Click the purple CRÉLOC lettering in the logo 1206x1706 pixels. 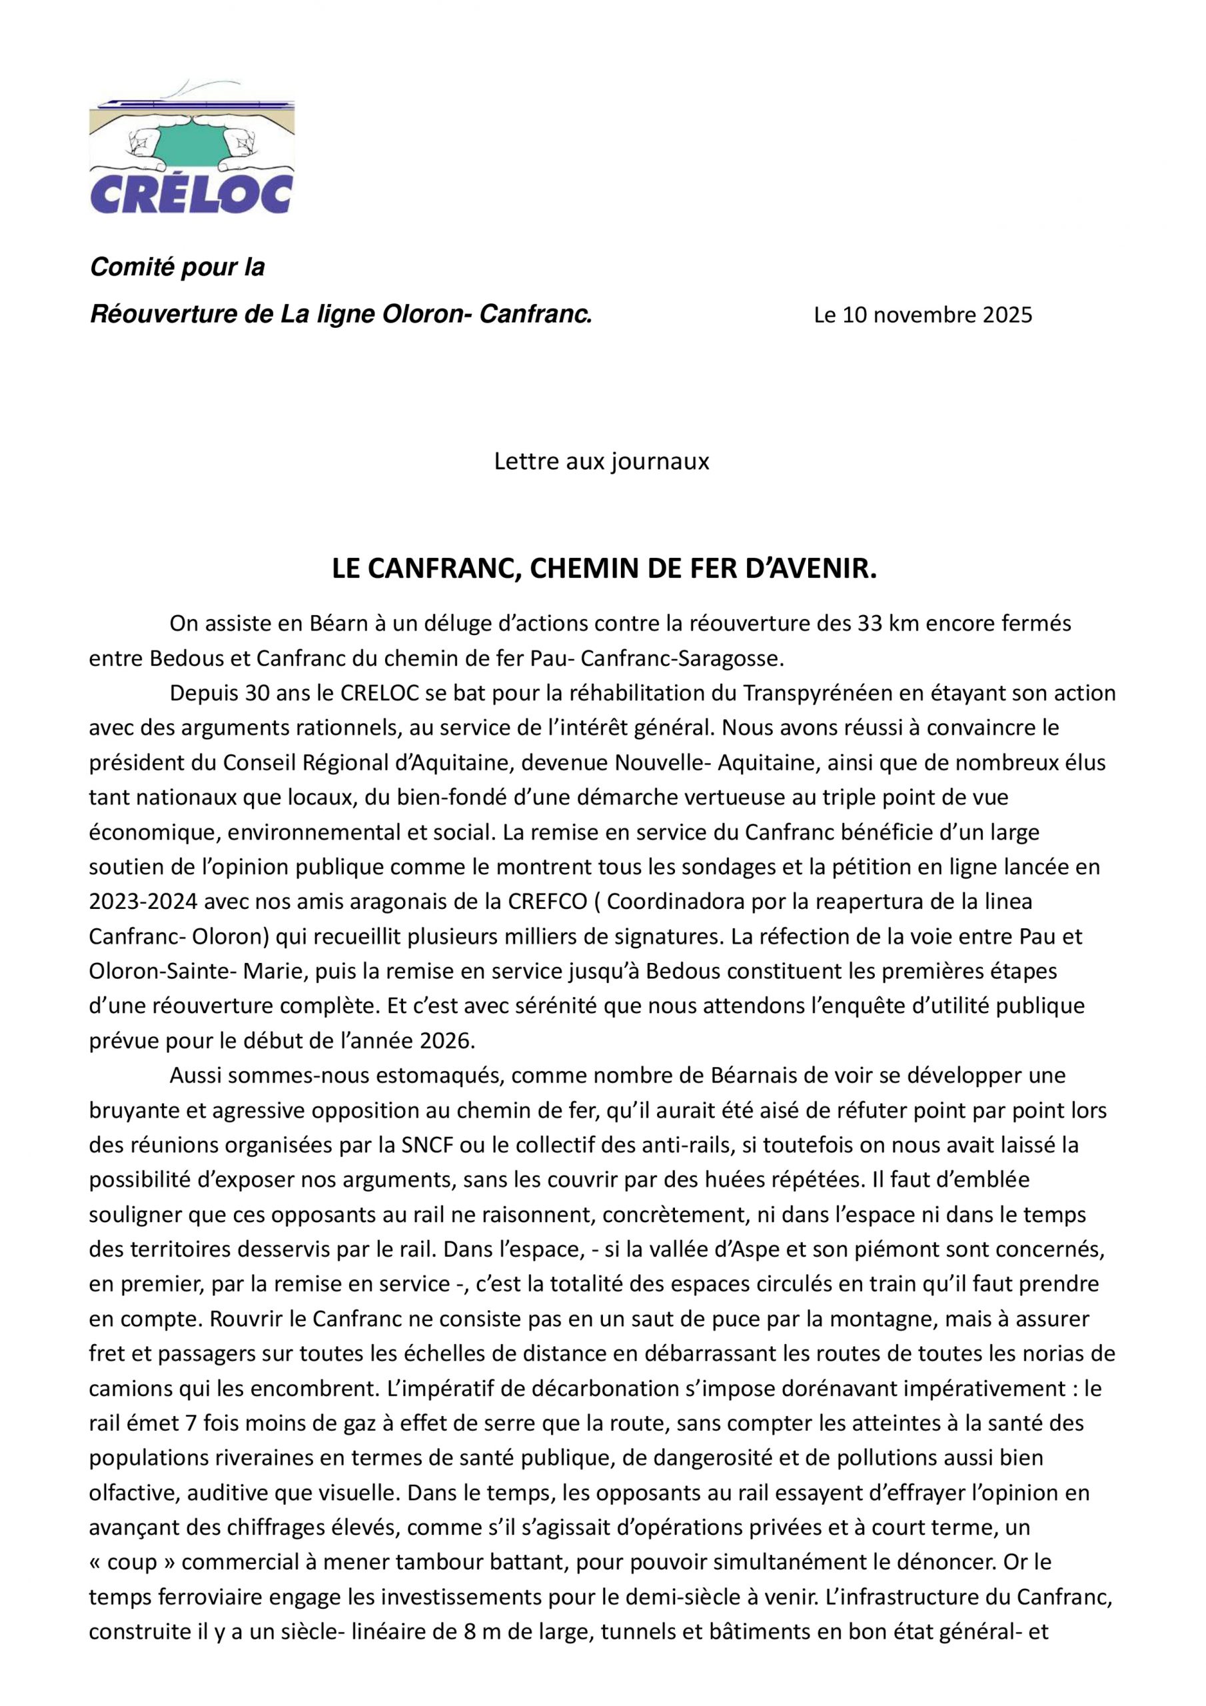pos(191,194)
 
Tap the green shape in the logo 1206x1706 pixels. pos(192,141)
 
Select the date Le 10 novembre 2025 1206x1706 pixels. pos(923,315)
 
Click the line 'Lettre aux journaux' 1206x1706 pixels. pos(602,461)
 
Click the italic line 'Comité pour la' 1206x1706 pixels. pos(177,267)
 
